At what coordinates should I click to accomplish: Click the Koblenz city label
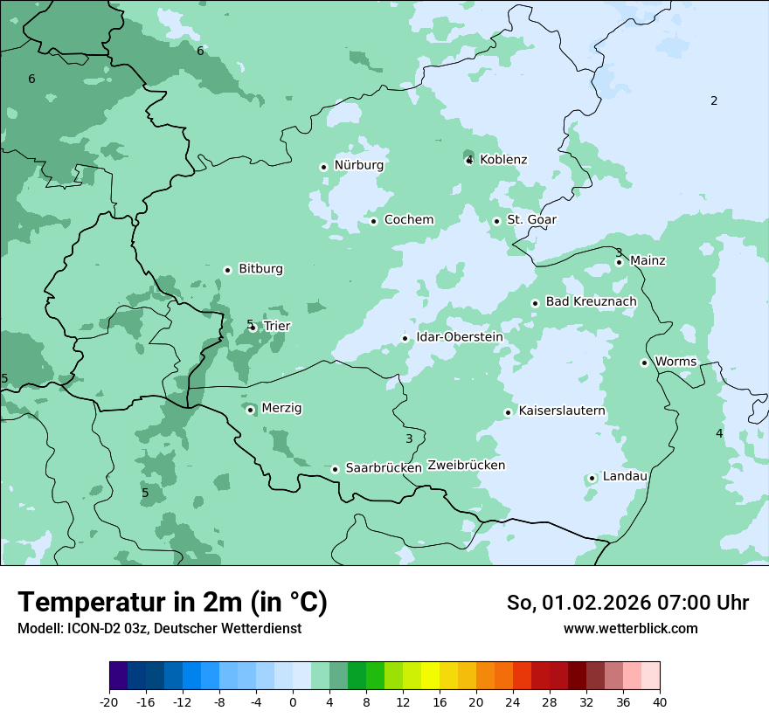click(503, 160)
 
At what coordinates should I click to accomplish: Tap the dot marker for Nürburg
click(323, 166)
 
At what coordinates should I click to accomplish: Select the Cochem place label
click(409, 220)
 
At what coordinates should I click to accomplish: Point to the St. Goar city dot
click(496, 221)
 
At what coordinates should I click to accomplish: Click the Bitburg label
click(260, 269)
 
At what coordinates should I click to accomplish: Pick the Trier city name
click(277, 326)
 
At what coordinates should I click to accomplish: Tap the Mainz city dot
click(619, 262)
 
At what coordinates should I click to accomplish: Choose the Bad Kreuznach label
click(591, 301)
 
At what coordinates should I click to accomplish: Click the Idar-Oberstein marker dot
click(405, 338)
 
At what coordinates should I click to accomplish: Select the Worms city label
click(675, 362)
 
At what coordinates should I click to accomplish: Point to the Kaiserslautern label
click(562, 411)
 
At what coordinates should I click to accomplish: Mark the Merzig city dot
click(250, 410)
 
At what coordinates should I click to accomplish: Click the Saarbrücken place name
click(384, 468)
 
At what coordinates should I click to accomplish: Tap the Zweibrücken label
click(466, 466)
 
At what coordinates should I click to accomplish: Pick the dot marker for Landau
click(592, 478)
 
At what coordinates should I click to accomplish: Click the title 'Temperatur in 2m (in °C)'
click(173, 603)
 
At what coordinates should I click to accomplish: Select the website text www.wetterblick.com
click(630, 628)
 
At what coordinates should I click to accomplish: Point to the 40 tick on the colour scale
click(659, 701)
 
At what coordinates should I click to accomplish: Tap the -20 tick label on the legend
click(109, 701)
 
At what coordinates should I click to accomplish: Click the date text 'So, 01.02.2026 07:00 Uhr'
click(627, 603)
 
